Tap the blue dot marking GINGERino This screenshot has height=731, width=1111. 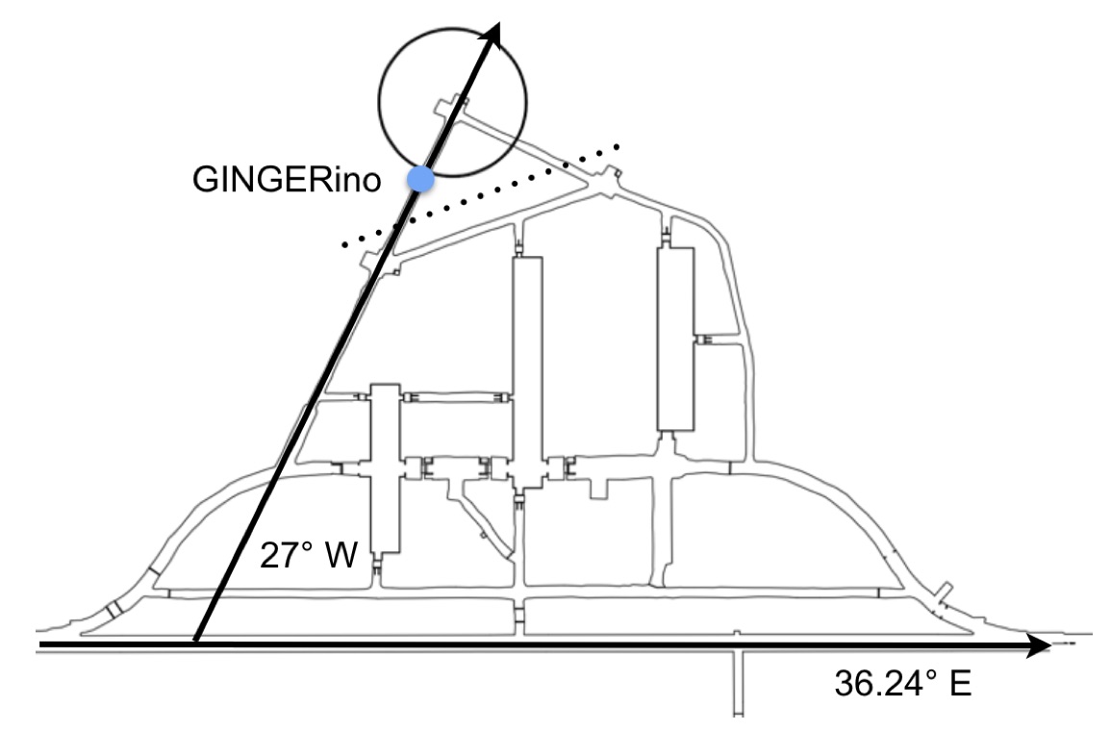click(x=419, y=179)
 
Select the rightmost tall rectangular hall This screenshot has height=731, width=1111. click(x=675, y=339)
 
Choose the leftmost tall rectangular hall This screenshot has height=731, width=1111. click(x=385, y=466)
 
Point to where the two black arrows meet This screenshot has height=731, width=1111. click(x=195, y=642)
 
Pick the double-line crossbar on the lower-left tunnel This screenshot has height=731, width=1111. click(x=114, y=610)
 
